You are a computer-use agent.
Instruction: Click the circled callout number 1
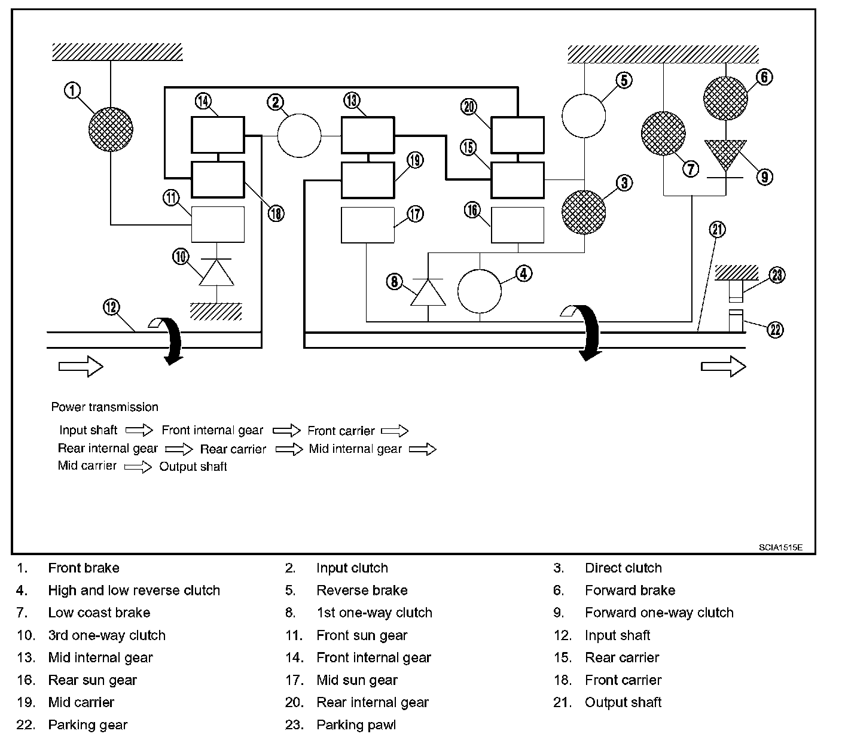[72, 90]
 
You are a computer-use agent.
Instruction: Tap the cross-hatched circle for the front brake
[111, 129]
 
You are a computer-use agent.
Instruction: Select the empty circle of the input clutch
[299, 136]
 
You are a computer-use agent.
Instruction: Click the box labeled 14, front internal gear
[218, 135]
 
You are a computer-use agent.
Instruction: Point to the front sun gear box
[218, 224]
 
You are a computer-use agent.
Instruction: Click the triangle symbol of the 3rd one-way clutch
[216, 273]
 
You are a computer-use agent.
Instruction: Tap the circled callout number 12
[111, 307]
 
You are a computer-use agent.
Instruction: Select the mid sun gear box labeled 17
[368, 225]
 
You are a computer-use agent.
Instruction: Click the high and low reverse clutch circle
[480, 291]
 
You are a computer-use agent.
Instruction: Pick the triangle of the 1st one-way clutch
[428, 293]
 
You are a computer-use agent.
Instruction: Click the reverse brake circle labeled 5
[584, 115]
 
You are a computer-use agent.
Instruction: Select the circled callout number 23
[777, 275]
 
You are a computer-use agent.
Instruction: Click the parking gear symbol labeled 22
[736, 321]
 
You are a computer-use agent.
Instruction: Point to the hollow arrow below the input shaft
[81, 366]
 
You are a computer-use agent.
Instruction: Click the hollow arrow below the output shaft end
[724, 366]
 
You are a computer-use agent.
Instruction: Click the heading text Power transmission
[105, 407]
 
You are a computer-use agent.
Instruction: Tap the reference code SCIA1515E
[780, 547]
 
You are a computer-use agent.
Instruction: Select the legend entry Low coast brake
[99, 613]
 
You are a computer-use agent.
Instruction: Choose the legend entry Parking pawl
[356, 724]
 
